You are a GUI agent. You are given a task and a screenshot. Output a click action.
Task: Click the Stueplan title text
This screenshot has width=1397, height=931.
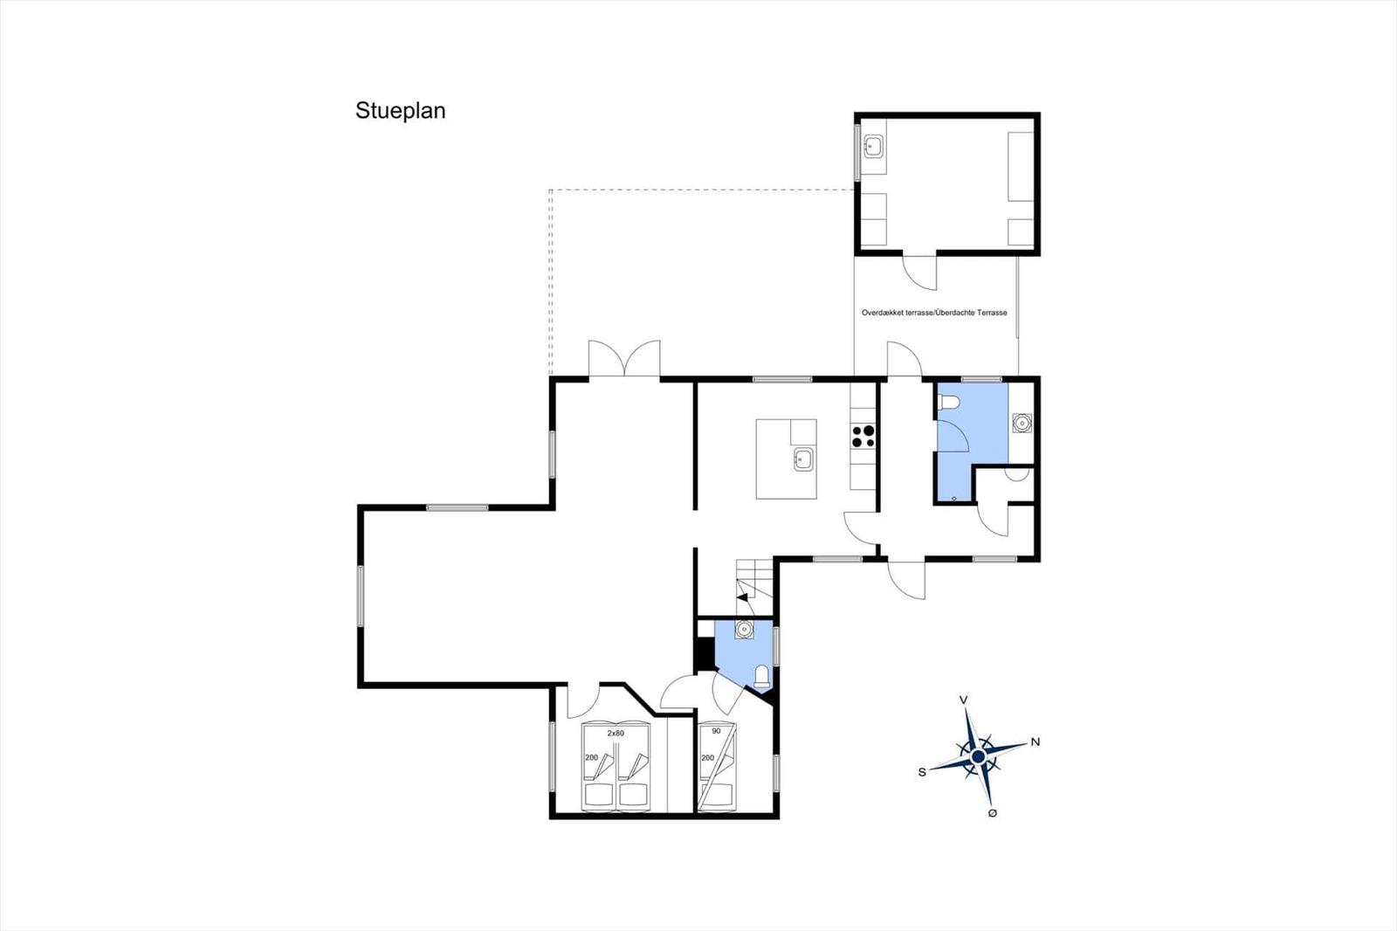click(x=401, y=110)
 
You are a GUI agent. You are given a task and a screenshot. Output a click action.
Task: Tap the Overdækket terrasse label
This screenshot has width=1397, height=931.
click(x=898, y=313)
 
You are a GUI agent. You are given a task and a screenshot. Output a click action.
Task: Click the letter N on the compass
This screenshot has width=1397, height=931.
click(x=1036, y=742)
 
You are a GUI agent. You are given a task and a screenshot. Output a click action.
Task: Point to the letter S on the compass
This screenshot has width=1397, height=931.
click(x=922, y=773)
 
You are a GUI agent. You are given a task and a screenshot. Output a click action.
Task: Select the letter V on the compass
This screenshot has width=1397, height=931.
click(x=964, y=700)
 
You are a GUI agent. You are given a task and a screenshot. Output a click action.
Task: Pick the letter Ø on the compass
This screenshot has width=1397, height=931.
click(x=992, y=813)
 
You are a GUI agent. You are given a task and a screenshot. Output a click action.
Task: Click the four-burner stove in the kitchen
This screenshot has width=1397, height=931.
click(x=864, y=436)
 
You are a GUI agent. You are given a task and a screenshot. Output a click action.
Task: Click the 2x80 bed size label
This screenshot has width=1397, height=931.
click(x=616, y=734)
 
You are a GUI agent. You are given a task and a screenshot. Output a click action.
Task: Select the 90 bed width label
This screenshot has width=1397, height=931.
click(x=716, y=731)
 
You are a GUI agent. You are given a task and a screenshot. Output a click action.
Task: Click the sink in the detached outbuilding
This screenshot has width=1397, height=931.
click(x=872, y=148)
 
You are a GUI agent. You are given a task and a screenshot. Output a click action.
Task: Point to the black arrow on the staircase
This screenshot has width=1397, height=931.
click(x=743, y=596)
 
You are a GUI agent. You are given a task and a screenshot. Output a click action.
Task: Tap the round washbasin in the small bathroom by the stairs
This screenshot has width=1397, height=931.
click(x=744, y=630)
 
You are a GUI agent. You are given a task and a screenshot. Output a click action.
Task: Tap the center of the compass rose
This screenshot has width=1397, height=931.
click(x=979, y=756)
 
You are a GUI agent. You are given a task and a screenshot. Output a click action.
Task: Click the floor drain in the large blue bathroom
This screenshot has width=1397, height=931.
click(x=954, y=498)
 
